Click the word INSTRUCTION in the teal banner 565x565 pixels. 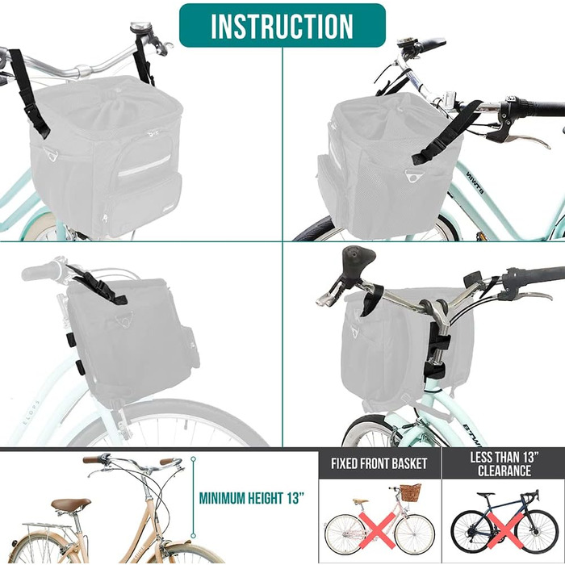(x=282, y=26)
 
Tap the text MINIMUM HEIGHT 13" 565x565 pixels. (x=252, y=498)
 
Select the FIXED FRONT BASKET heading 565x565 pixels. (x=379, y=463)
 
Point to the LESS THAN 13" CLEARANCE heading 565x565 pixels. (x=504, y=464)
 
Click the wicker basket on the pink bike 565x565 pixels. (x=411, y=492)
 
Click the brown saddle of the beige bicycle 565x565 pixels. (x=71, y=504)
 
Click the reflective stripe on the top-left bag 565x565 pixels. (x=144, y=165)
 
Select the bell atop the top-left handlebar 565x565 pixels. (x=141, y=27)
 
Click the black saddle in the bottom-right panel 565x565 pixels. (x=358, y=258)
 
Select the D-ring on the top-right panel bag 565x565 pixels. (x=412, y=176)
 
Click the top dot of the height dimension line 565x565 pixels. (x=194, y=459)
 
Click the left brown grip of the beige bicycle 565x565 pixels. (x=92, y=459)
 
